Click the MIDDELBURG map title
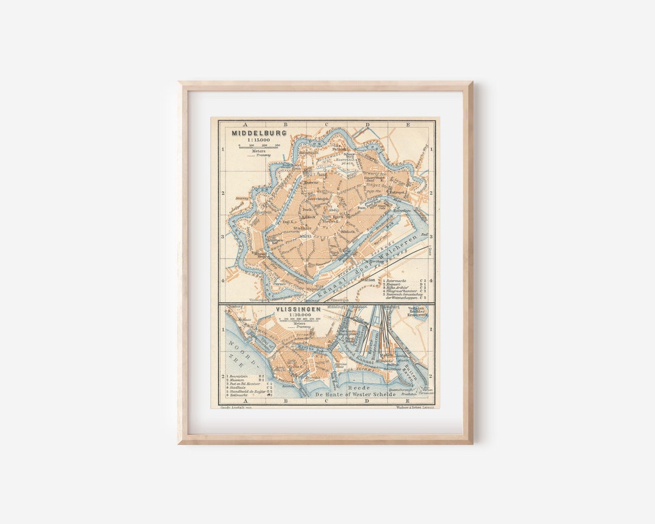click(250, 133)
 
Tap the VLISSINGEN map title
click(298, 309)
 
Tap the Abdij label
click(334, 210)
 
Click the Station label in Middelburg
click(368, 280)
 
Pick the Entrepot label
click(397, 193)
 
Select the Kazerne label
click(311, 181)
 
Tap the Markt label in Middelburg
click(304, 236)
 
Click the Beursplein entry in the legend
click(239, 377)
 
